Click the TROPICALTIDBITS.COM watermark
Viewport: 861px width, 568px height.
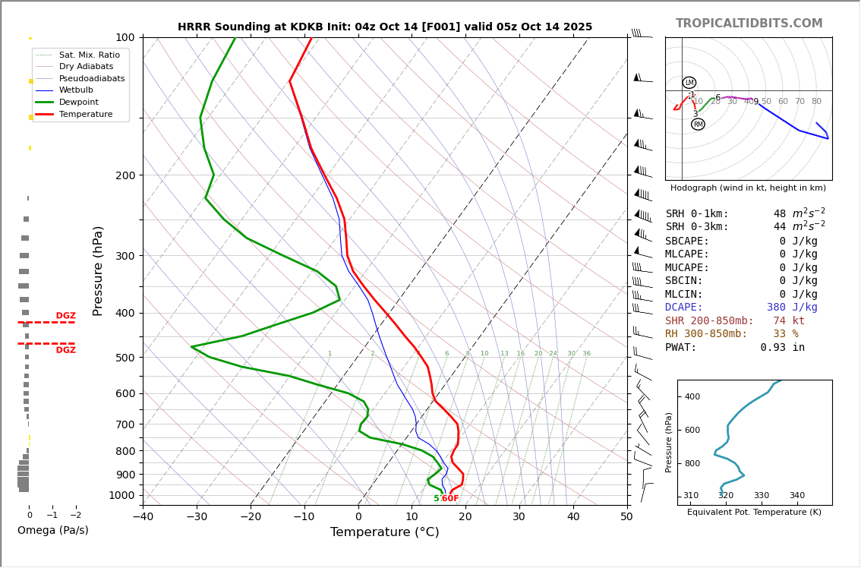[749, 24]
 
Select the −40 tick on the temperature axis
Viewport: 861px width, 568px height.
[143, 517]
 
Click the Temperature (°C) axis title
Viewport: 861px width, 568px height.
[384, 532]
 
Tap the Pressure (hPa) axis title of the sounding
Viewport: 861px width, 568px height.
[98, 270]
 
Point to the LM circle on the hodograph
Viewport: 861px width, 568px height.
[689, 83]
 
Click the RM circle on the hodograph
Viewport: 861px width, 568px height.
[698, 125]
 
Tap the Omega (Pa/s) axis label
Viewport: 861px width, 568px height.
[52, 530]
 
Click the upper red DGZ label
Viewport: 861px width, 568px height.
[65, 316]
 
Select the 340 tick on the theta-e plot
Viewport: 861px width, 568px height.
[796, 496]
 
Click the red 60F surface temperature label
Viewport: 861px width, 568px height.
[450, 499]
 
